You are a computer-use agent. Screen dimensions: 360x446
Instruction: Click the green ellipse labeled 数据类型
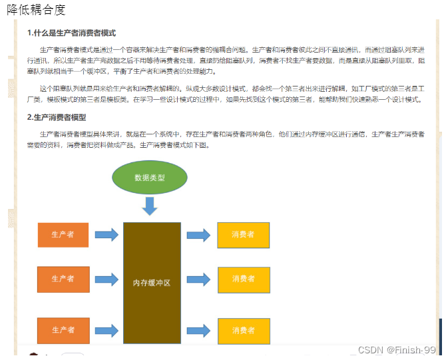pos(149,178)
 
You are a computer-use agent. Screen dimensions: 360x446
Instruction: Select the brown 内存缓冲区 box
pos(152,282)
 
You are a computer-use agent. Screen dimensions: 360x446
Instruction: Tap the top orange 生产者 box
pos(63,234)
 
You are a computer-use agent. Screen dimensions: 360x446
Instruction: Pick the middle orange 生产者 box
pos(63,279)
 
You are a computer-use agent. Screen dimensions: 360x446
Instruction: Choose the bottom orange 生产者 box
pos(63,330)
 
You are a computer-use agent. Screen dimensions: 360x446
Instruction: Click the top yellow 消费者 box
pos(243,235)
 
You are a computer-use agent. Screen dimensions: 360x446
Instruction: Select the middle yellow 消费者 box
pos(243,279)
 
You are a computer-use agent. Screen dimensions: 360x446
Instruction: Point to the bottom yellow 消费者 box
pos(243,331)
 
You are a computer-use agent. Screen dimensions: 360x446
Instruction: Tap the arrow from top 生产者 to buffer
pos(107,234)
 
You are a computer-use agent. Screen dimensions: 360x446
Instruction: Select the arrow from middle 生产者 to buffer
pos(107,279)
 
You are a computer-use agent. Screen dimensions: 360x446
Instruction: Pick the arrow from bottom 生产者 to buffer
pos(107,330)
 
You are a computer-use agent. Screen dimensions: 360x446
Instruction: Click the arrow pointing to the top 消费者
pos(198,235)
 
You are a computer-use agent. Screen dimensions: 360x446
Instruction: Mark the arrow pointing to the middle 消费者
pos(198,279)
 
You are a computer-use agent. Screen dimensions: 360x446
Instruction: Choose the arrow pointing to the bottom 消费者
pos(198,331)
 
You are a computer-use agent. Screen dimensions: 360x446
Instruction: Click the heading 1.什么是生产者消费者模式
pos(72,33)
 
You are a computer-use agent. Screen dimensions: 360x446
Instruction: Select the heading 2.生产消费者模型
pos(57,117)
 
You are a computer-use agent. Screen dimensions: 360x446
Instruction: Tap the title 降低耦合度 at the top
pos(36,9)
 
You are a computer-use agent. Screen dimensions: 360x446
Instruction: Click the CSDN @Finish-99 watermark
pos(397,350)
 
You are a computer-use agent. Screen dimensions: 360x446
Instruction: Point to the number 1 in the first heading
pos(29,33)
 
